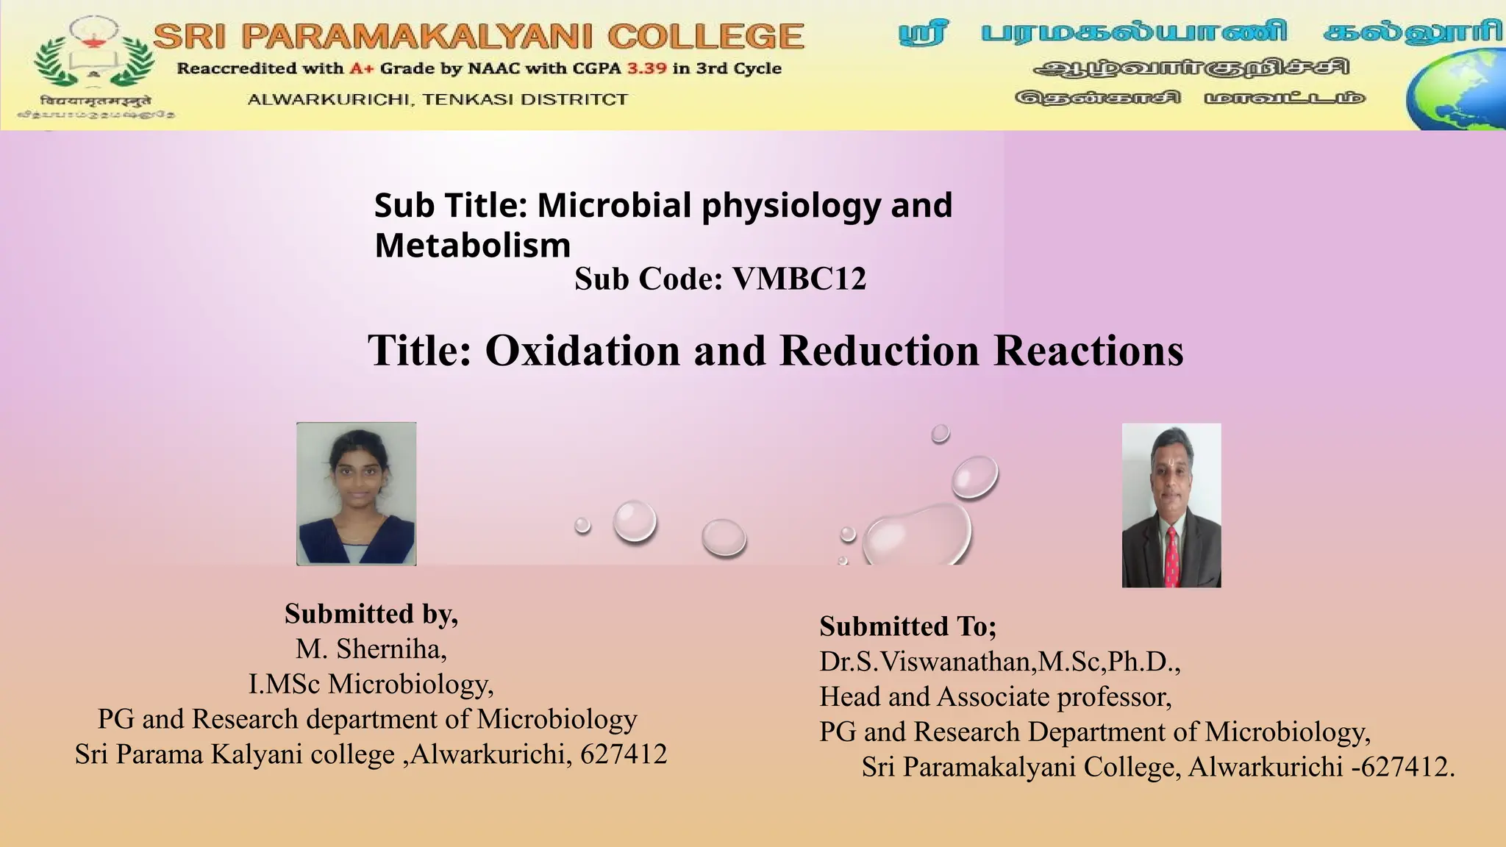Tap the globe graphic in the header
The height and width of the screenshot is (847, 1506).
tap(1456, 93)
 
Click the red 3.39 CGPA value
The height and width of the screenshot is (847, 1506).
tap(646, 68)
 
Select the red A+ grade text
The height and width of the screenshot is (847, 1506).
tap(362, 68)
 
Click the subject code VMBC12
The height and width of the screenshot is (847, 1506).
tap(799, 279)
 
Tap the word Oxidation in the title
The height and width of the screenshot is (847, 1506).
tap(582, 350)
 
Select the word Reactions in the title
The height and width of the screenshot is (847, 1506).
tap(1088, 350)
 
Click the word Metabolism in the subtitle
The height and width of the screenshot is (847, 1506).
tap(473, 246)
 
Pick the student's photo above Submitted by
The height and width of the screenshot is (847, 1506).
tap(357, 493)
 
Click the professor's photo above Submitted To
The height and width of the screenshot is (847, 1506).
tap(1171, 505)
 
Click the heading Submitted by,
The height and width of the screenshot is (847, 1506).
tap(371, 613)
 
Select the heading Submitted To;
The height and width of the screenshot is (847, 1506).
tap(908, 626)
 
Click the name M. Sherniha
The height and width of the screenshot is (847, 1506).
tap(371, 648)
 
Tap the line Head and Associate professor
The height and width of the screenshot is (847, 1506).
tap(996, 696)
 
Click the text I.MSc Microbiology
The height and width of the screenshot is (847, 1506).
tap(371, 684)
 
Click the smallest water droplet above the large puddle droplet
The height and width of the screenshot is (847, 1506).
tap(940, 434)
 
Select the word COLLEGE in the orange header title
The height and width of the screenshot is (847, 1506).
tap(706, 37)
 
